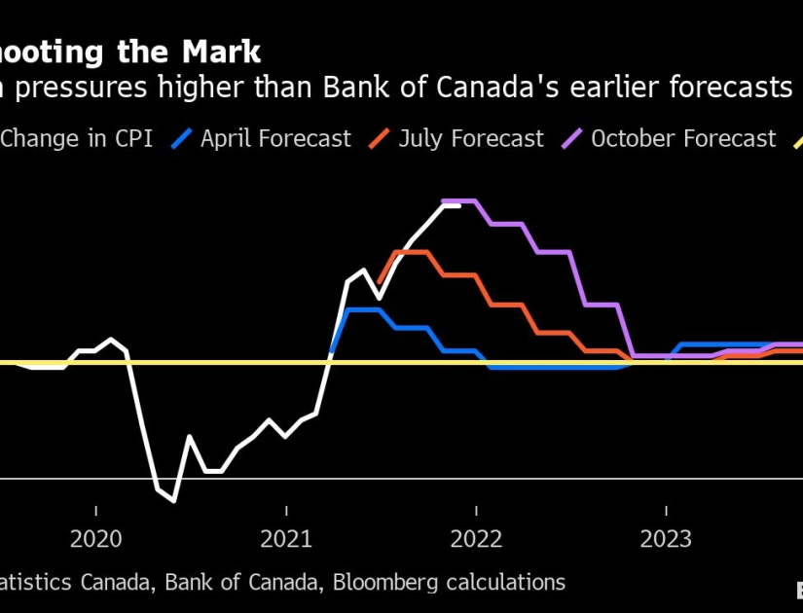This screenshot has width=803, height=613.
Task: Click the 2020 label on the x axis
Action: click(96, 538)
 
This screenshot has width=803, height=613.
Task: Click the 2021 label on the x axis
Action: click(286, 538)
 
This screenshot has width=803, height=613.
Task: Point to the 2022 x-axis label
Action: click(476, 538)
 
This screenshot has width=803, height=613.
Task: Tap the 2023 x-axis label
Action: click(666, 538)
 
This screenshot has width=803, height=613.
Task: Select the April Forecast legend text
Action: click(275, 139)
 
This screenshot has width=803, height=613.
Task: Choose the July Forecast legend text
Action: click(470, 139)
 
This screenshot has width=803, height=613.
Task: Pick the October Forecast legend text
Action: click(683, 139)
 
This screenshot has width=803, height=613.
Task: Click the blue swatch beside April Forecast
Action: click(181, 139)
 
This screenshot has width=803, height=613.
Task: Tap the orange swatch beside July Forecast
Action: click(379, 139)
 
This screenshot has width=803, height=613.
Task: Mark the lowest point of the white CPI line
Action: click(173, 501)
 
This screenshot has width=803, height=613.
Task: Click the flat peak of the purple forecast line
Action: click(459, 200)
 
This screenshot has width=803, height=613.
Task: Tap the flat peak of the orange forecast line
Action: click(412, 252)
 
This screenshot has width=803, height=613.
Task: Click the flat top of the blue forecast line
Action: click(363, 309)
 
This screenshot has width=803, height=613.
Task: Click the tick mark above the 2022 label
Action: click(476, 511)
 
